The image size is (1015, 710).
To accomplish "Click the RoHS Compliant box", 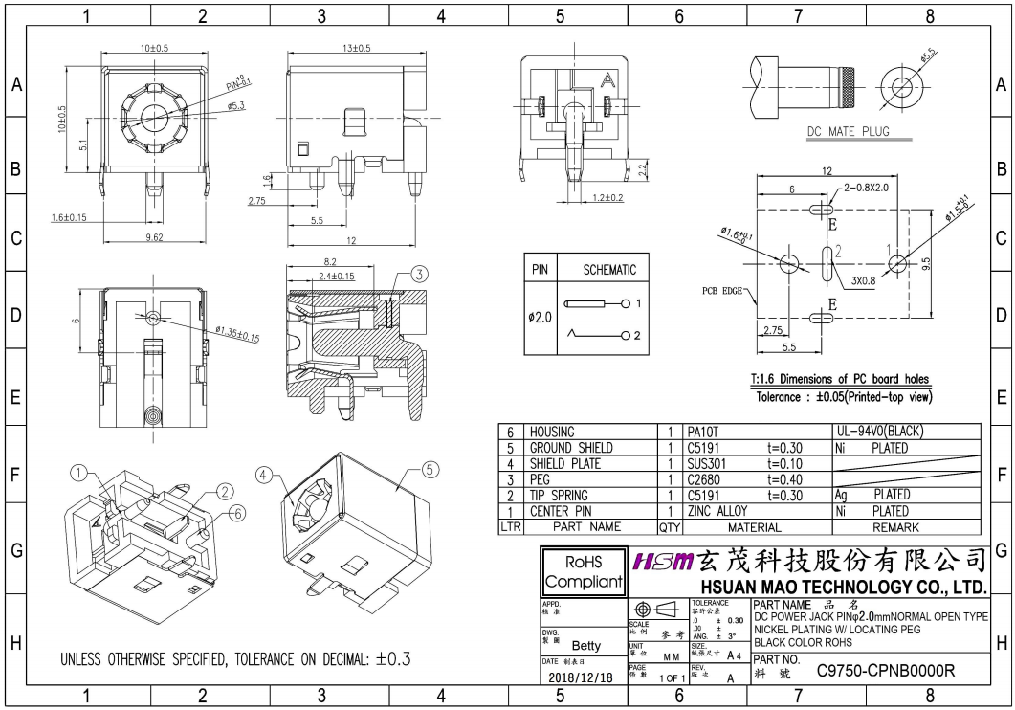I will point(583,570).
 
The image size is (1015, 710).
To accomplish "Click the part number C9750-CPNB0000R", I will point(885,671).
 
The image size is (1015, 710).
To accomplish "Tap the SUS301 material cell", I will point(709,464).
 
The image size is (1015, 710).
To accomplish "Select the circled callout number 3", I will point(418,274).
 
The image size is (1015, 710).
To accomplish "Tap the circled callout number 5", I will point(430,470).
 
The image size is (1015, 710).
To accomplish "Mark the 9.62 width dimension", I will point(153,236).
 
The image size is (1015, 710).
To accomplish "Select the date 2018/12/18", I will point(583,677).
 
